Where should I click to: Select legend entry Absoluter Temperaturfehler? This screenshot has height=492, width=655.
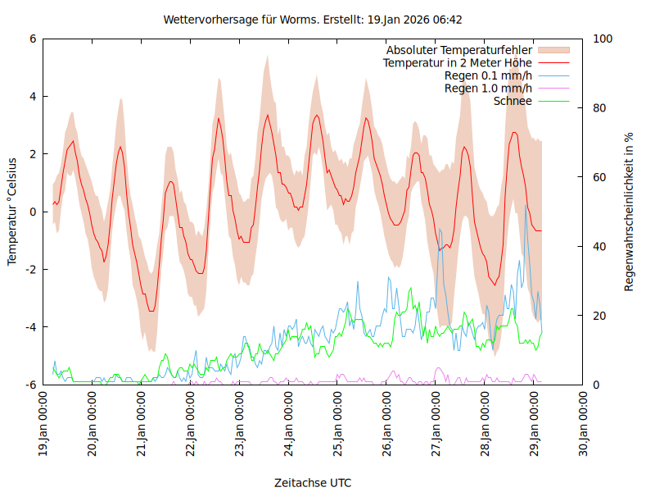(459, 50)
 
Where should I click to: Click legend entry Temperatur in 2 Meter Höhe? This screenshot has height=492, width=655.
(458, 63)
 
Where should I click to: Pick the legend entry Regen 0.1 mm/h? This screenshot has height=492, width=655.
(488, 75)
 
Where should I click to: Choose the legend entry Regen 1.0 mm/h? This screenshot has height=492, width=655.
(488, 89)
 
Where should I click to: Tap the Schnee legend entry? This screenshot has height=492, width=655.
(513, 101)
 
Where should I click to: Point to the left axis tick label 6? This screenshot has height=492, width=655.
(33, 39)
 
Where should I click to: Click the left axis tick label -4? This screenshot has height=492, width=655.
(30, 327)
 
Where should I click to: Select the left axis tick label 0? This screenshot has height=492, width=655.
(33, 212)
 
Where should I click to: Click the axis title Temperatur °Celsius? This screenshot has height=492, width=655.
(12, 212)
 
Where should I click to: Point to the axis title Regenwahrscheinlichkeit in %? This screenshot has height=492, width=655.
(630, 212)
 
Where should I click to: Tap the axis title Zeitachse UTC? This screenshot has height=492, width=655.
(313, 483)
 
